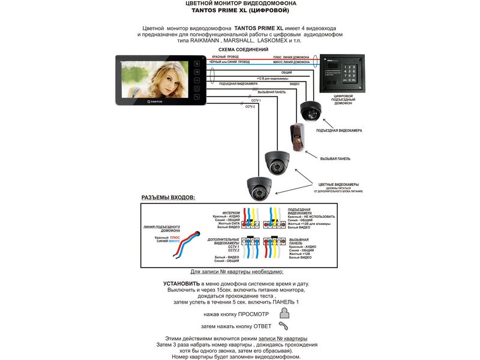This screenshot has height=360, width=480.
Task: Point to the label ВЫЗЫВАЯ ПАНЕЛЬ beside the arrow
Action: tap(335, 158)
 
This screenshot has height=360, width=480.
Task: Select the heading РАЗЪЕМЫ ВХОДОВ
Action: tap(169, 197)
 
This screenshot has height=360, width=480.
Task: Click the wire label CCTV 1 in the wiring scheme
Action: tap(248, 100)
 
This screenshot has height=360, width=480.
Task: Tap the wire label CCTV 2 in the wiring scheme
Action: tap(250, 106)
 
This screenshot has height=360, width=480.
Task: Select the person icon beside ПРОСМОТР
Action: tap(284, 313)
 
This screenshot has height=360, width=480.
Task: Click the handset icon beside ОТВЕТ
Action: tap(284, 326)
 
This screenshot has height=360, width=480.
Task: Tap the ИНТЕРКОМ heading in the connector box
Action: tap(231, 212)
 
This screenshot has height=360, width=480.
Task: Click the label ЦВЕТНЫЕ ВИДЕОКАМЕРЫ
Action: tap(338, 184)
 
